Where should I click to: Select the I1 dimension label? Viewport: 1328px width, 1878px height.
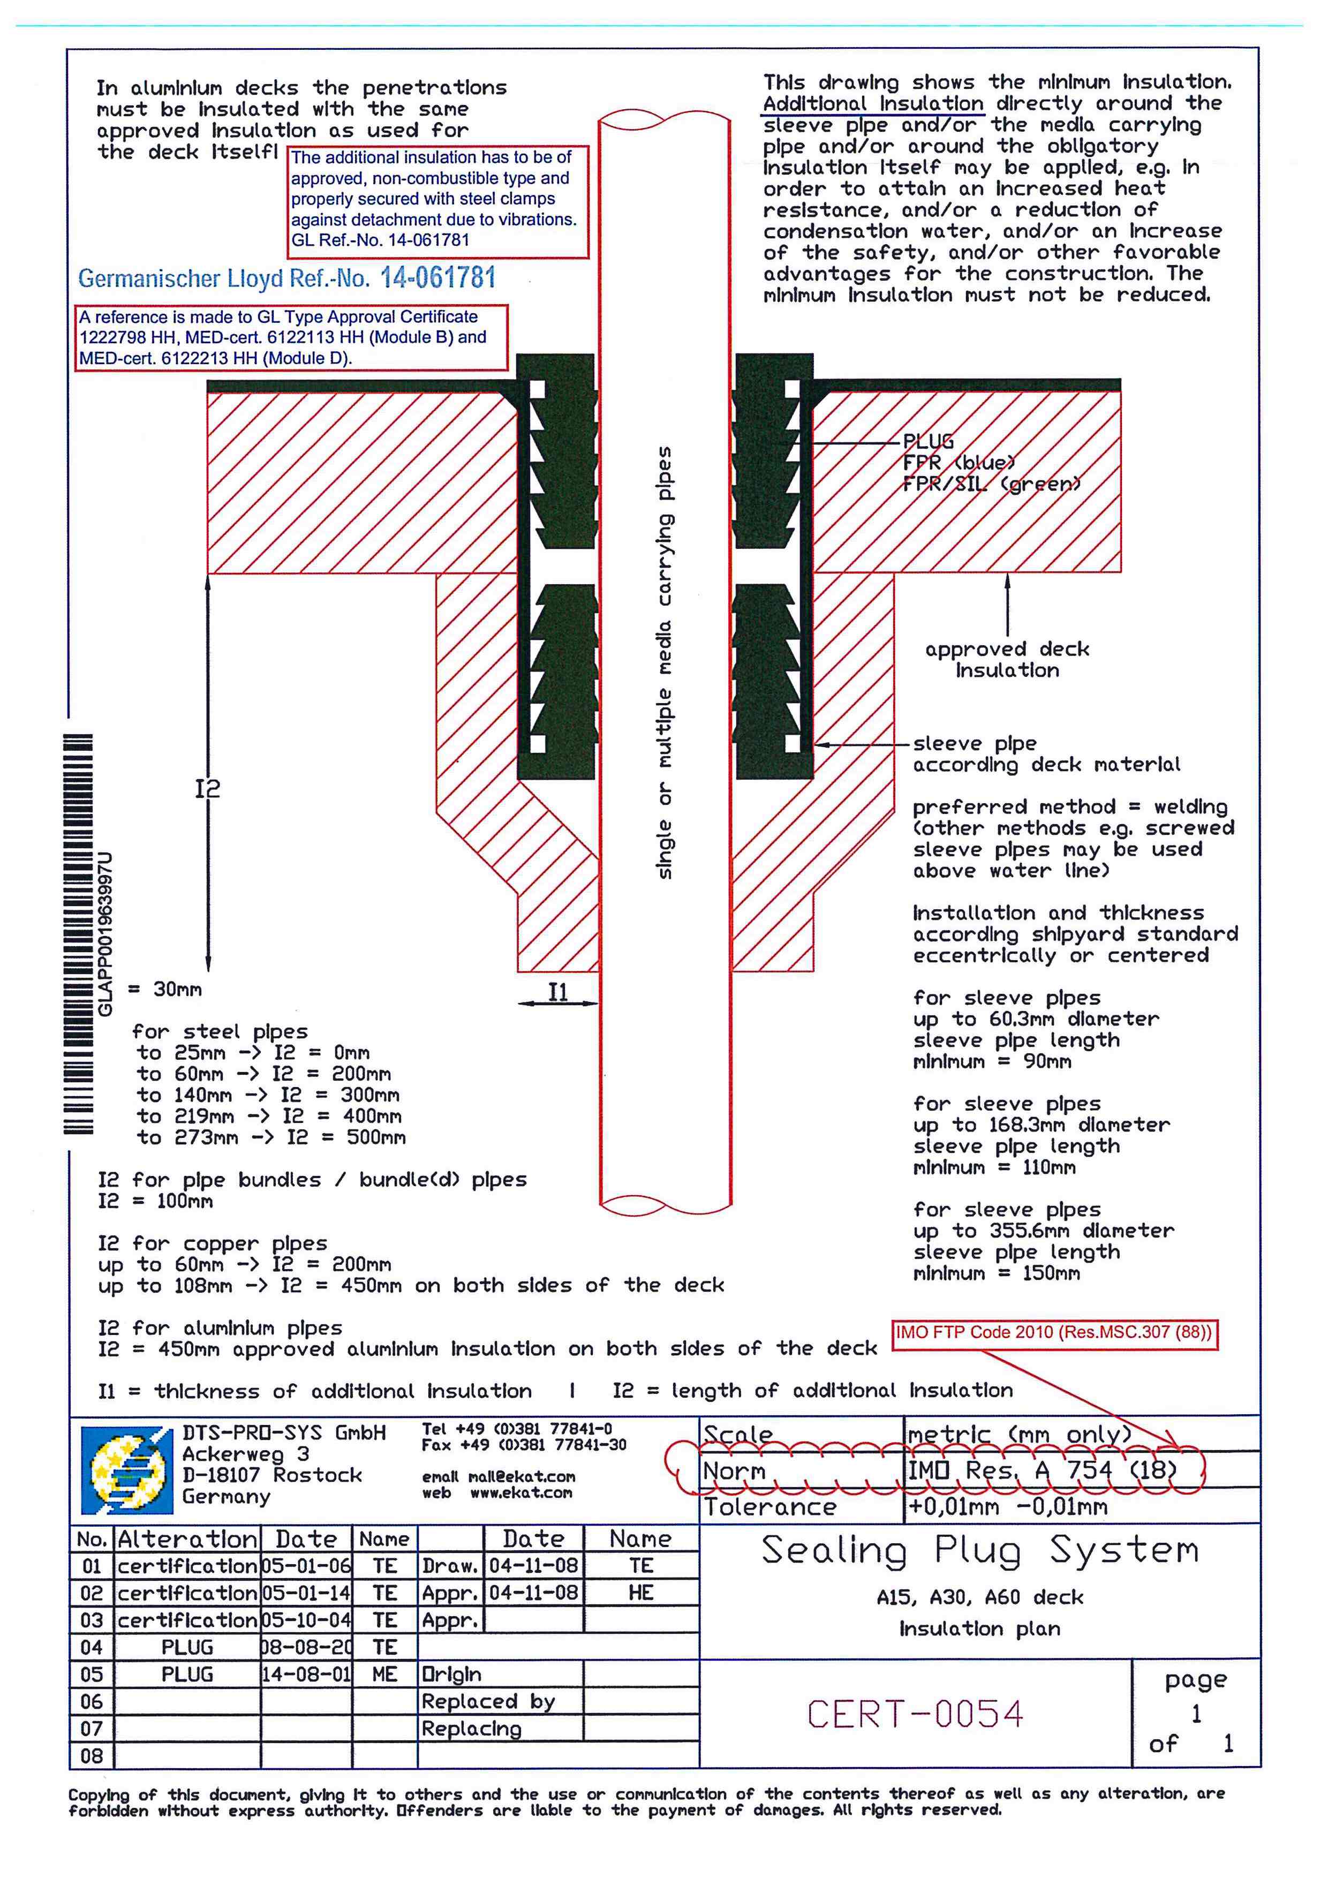coord(557,992)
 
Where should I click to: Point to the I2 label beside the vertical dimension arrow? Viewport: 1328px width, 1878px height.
coord(208,788)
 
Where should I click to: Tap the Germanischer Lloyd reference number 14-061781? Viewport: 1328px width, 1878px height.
coord(437,278)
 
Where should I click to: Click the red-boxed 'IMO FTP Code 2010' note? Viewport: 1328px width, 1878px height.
coord(1054,1332)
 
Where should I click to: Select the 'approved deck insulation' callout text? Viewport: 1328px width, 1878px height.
coord(1007,659)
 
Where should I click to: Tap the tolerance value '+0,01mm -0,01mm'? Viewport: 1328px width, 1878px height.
coord(1007,1507)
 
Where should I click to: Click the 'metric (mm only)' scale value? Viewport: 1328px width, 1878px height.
coord(1020,1435)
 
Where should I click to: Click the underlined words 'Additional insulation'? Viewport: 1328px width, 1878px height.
coord(872,104)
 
